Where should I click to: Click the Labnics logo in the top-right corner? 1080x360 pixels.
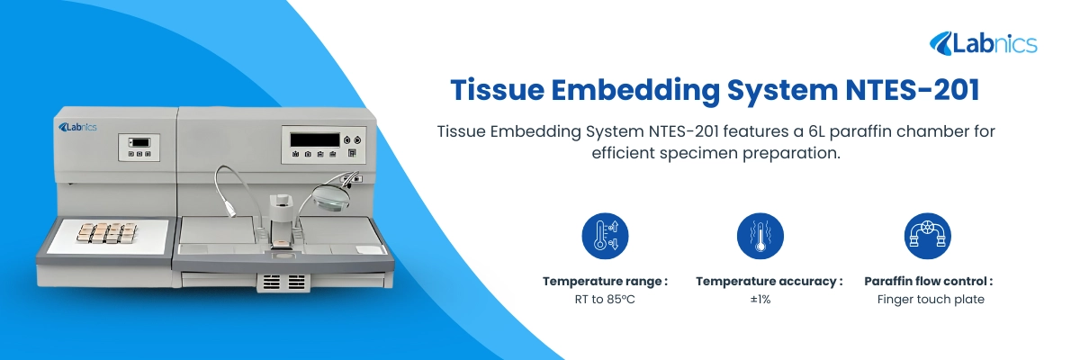983,42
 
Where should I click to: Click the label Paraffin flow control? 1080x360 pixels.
928,281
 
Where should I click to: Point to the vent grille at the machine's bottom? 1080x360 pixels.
284,283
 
